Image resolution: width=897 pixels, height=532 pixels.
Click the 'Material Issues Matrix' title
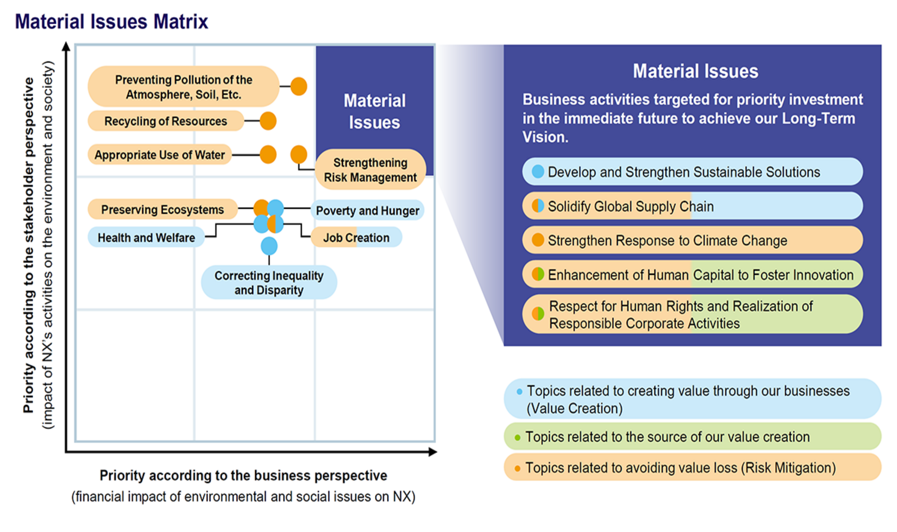tap(111, 22)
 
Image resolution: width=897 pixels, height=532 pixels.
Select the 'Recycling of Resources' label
tap(166, 121)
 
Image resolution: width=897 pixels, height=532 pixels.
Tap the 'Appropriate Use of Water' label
tap(160, 155)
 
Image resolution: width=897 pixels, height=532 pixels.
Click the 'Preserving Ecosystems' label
tap(163, 210)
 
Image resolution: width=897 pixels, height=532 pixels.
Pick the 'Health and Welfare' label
tap(146, 238)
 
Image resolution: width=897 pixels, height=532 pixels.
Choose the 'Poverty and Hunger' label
tap(367, 210)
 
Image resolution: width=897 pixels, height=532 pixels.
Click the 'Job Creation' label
tap(356, 238)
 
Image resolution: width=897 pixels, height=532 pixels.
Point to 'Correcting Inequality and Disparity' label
tap(269, 282)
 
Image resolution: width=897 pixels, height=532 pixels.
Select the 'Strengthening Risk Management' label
tap(370, 170)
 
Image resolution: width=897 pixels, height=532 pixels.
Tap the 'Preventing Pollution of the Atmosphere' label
tap(183, 87)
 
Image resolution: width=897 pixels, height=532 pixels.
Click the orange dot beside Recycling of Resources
tap(268, 121)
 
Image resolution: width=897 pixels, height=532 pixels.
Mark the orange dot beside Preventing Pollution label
tap(298, 86)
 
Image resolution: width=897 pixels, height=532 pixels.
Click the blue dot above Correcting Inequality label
tap(269, 246)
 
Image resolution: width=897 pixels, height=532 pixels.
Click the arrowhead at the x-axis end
tap(433, 452)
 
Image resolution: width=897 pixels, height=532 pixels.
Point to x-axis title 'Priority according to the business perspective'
tap(243, 476)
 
